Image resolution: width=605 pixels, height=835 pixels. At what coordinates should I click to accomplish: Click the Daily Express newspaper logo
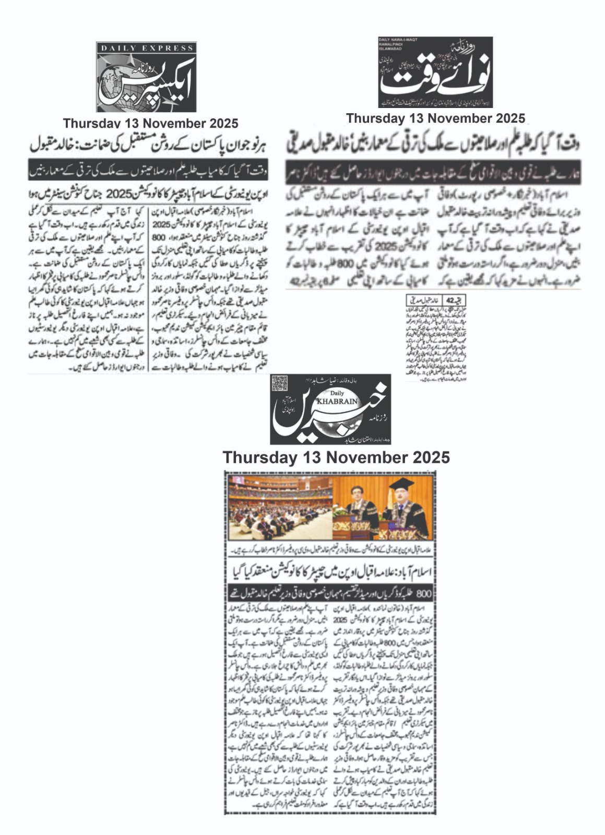[146, 77]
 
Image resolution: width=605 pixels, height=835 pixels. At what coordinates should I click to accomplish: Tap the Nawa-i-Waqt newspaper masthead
[435, 72]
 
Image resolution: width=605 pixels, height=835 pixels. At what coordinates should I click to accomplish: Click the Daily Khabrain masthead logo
[330, 409]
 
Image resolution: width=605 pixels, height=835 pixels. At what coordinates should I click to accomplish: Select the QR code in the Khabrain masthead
[280, 385]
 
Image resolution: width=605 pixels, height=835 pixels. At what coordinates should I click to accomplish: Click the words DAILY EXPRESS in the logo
[147, 48]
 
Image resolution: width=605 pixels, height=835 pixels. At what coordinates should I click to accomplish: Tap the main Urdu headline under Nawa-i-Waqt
[435, 143]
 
